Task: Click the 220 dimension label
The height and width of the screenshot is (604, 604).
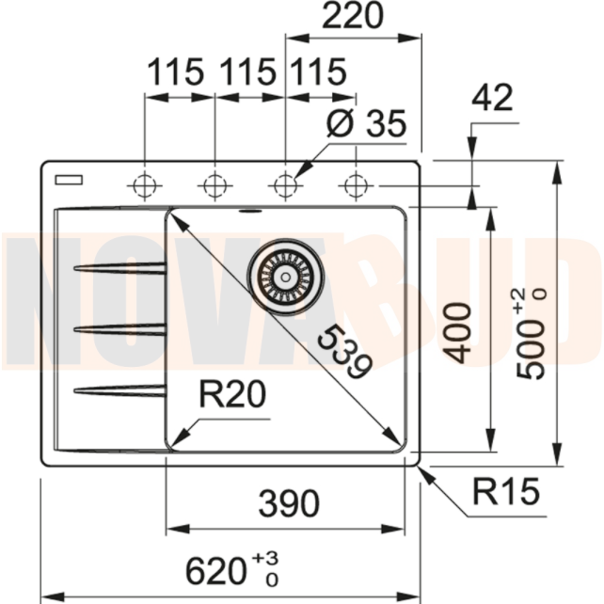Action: click(353, 17)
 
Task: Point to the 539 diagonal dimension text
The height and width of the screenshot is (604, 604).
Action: click(340, 353)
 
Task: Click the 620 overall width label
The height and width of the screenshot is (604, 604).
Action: click(226, 568)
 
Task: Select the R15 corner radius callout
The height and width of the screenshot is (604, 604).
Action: click(506, 490)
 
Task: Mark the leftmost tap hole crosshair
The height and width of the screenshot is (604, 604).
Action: click(144, 184)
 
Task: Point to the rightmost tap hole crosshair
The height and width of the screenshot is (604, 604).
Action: click(356, 184)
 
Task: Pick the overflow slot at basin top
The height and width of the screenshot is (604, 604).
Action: click(251, 211)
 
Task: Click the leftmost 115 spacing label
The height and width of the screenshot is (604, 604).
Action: click(175, 72)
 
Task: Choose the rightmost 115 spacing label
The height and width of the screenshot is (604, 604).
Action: click(318, 72)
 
